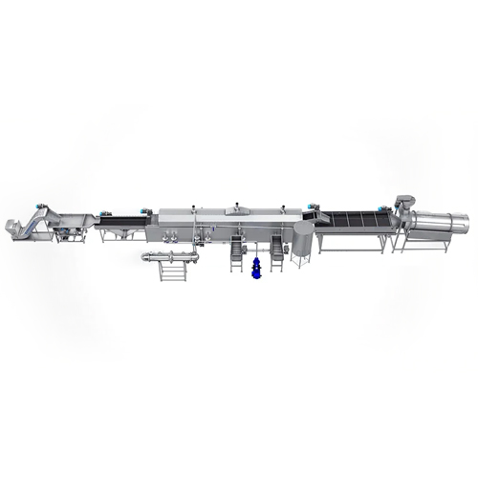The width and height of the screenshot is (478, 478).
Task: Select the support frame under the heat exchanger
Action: click(170, 274)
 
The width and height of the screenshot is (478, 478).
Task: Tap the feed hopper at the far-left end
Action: click(11, 228)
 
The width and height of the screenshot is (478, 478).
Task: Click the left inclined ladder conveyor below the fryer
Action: click(235, 252)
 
